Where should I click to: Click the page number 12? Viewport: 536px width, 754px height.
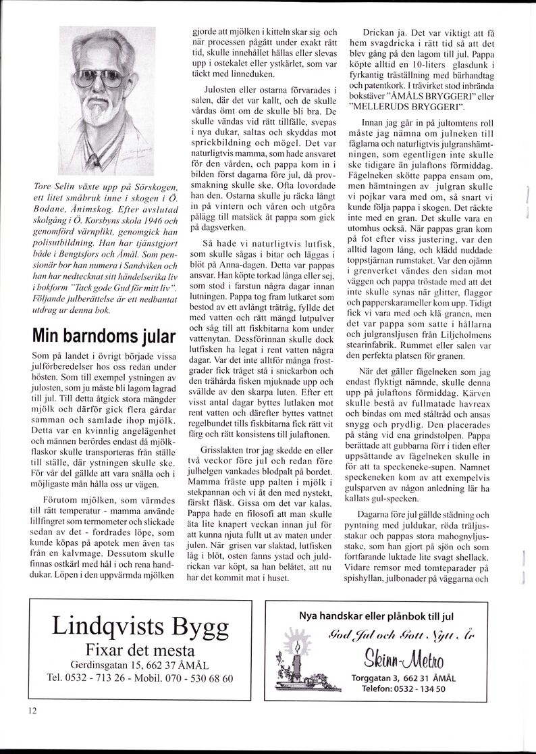click(32, 709)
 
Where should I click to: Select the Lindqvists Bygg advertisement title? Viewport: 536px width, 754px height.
click(140, 627)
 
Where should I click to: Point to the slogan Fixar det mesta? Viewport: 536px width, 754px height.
click(140, 650)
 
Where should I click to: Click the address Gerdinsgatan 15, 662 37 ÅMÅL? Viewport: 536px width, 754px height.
click(140, 665)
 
